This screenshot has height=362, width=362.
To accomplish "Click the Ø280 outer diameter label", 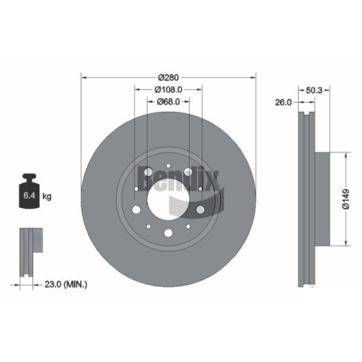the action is tap(168, 78).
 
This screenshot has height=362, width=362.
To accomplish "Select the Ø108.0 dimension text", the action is tap(168, 90).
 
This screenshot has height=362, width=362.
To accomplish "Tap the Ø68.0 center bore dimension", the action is tap(168, 102).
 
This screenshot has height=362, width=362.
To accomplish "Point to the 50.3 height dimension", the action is tap(314, 90).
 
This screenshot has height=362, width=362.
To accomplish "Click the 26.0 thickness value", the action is tap(284, 103).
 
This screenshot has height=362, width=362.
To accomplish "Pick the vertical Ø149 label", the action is tap(346, 199).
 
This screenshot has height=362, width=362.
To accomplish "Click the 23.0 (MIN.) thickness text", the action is tap(66, 284).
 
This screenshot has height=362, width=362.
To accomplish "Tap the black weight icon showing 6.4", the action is tap(29, 191).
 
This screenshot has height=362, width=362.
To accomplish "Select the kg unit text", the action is tap(47, 196).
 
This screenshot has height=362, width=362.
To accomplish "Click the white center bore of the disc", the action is tap(168, 199).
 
